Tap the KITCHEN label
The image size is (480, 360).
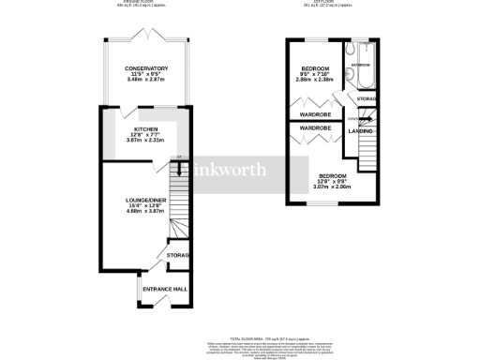pyautogui.click(x=145, y=129)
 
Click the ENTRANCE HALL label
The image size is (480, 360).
pyautogui.click(x=162, y=289)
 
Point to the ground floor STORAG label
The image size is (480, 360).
pyautogui.click(x=178, y=255)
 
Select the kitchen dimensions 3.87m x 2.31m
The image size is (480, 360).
pyautogui.click(x=145, y=142)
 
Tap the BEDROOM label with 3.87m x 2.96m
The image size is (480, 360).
pyautogui.click(x=331, y=176)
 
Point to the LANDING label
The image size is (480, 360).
pyautogui.click(x=361, y=130)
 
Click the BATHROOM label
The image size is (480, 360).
pyautogui.click(x=362, y=65)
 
